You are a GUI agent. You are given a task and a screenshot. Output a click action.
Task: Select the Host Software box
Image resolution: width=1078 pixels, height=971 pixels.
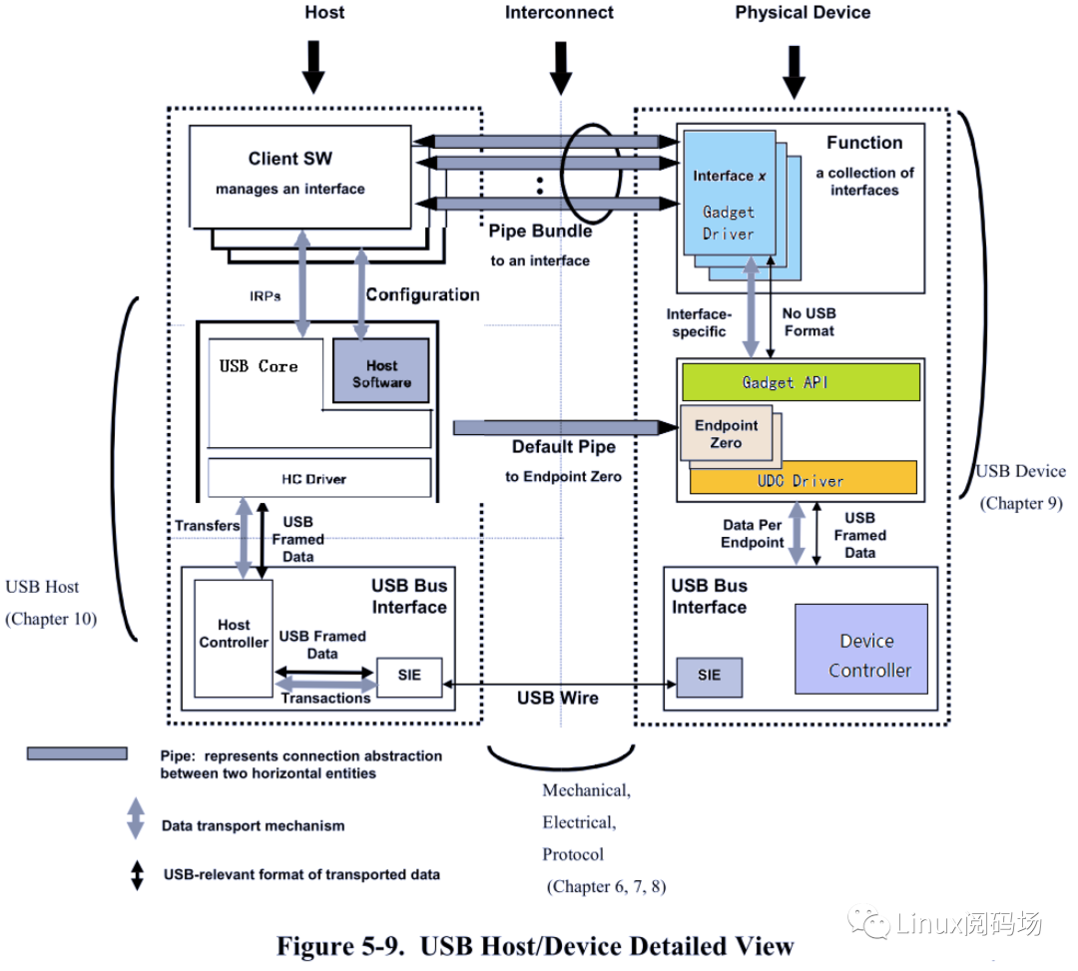(380, 373)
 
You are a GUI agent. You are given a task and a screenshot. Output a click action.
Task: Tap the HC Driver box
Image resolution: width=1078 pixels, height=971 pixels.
(319, 479)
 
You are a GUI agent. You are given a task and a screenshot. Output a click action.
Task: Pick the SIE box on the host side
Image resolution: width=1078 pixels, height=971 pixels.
(408, 676)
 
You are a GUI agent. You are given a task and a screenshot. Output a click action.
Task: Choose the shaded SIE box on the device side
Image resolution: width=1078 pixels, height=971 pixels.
(709, 676)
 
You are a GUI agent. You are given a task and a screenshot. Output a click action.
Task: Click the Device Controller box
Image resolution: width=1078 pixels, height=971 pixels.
(860, 650)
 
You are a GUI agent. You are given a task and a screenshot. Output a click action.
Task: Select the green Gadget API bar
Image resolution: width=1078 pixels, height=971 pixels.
(801, 382)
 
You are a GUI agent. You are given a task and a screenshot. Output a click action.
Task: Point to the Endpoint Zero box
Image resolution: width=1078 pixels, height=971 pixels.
(727, 433)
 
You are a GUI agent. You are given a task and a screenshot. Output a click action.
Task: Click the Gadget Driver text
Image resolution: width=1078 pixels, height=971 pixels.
(729, 223)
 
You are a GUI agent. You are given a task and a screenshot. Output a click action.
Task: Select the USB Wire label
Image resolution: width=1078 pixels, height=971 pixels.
(557, 698)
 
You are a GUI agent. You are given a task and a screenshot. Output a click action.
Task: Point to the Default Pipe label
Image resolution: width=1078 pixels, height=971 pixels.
(564, 446)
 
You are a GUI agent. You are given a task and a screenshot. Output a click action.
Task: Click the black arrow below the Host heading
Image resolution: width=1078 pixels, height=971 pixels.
(313, 66)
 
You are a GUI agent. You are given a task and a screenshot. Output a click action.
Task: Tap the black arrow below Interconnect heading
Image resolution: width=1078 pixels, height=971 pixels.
(561, 66)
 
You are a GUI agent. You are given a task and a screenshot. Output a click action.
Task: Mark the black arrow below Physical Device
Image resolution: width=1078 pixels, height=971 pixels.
(796, 70)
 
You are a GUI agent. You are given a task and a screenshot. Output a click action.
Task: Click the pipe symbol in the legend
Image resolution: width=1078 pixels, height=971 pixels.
(77, 753)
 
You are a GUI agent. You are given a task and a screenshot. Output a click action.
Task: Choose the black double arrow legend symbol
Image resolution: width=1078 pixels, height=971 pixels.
(135, 874)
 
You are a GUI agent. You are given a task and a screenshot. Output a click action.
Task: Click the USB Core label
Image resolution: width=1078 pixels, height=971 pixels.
(259, 366)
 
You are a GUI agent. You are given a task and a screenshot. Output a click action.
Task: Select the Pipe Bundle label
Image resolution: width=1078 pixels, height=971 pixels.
(540, 231)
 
